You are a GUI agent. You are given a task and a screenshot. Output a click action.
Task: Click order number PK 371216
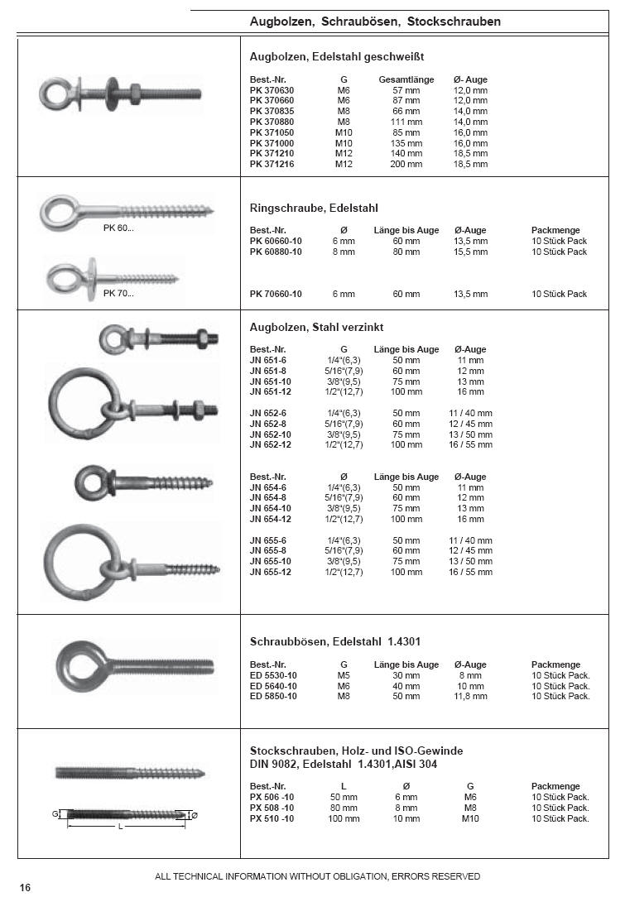pyautogui.click(x=272, y=165)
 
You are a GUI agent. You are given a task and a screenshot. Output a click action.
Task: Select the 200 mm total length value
pyautogui.click(x=406, y=165)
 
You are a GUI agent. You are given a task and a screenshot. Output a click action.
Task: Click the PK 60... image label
pyautogui.click(x=118, y=228)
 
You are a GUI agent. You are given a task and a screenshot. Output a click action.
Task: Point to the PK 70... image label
pyautogui.click(x=118, y=293)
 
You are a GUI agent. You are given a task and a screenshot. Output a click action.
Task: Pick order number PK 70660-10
pyautogui.click(x=276, y=294)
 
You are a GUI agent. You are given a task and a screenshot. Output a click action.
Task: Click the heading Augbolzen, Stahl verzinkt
pyautogui.click(x=316, y=328)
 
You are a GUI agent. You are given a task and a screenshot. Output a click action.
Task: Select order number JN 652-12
pyautogui.click(x=270, y=445)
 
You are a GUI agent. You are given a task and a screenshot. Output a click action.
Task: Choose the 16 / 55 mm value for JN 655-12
pyautogui.click(x=470, y=573)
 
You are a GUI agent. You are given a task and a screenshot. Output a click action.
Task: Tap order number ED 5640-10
pyautogui.click(x=273, y=686)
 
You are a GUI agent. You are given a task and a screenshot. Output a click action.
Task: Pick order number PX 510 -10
pyautogui.click(x=272, y=818)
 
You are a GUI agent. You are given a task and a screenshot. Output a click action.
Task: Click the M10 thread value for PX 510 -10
pyautogui.click(x=470, y=818)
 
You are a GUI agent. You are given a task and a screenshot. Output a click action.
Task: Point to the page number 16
pyautogui.click(x=25, y=888)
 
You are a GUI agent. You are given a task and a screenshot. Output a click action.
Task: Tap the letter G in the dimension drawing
pyautogui.click(x=55, y=814)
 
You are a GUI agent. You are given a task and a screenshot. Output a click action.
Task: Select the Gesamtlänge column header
pyautogui.click(x=406, y=79)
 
